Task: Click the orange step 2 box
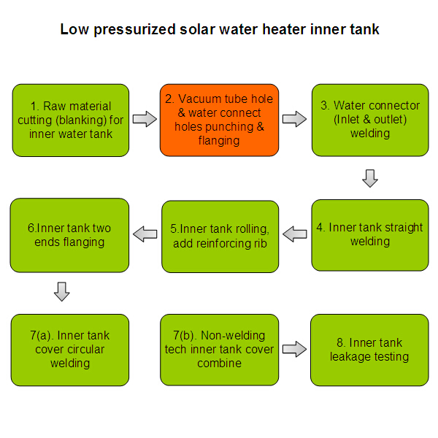pyautogui.click(x=219, y=120)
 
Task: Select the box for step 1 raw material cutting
pyautogui.click(x=71, y=120)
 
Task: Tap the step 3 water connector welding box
pyautogui.click(x=369, y=120)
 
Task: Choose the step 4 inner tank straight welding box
pyautogui.click(x=369, y=234)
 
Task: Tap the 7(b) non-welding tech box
pyautogui.click(x=219, y=350)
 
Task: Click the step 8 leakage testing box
pyautogui.click(x=369, y=350)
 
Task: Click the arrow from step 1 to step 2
pyautogui.click(x=145, y=119)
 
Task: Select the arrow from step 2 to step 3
pyautogui.click(x=294, y=119)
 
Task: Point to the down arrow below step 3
pyautogui.click(x=370, y=178)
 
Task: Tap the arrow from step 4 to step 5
pyautogui.click(x=295, y=234)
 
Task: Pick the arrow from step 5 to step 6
pyautogui.click(x=145, y=234)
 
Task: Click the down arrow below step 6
pyautogui.click(x=63, y=292)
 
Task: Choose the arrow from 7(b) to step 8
pyautogui.click(x=294, y=350)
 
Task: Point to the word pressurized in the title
pyautogui.click(x=131, y=30)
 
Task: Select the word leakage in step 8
pyautogui.click(x=354, y=357)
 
